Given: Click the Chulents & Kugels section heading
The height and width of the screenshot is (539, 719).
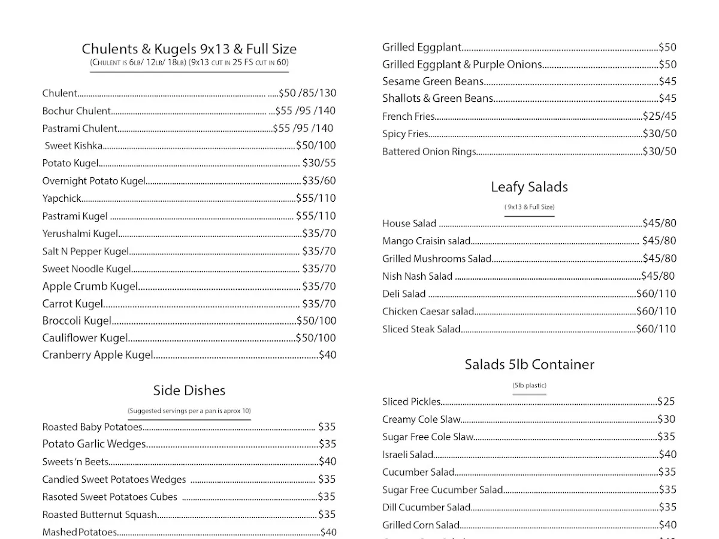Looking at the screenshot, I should point(189,49).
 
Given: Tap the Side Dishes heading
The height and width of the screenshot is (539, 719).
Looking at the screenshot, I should point(189,390).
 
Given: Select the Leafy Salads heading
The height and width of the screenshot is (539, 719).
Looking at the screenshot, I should point(529,187).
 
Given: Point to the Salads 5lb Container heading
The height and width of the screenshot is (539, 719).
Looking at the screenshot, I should point(529,364).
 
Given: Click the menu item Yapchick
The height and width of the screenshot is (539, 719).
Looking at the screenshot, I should point(62,198).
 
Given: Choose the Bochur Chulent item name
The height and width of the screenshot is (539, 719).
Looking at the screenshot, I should point(77,111).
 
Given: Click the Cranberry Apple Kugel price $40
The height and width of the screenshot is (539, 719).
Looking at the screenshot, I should point(327,355).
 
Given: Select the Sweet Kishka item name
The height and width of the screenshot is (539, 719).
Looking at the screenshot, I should point(74,146).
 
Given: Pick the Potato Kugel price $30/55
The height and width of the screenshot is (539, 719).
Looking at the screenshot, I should point(319,163).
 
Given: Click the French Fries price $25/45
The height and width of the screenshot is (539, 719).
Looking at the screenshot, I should point(659,116).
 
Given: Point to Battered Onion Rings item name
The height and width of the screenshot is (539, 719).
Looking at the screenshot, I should point(429,152).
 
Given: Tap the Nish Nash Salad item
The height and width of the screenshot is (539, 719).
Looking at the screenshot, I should point(417,276).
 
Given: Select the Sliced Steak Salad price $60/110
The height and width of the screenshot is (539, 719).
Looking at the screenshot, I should point(655,329).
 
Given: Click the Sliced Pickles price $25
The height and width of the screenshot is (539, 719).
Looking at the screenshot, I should point(666,401).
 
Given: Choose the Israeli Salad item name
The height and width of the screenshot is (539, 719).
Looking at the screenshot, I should point(407,455).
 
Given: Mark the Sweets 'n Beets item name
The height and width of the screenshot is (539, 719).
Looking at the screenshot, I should point(75,462).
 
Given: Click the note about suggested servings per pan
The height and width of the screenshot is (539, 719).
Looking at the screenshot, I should point(189,411).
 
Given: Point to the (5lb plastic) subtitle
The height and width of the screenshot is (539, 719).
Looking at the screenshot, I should point(529,386).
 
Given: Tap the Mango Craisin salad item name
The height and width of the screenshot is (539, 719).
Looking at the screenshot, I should point(426,241).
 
